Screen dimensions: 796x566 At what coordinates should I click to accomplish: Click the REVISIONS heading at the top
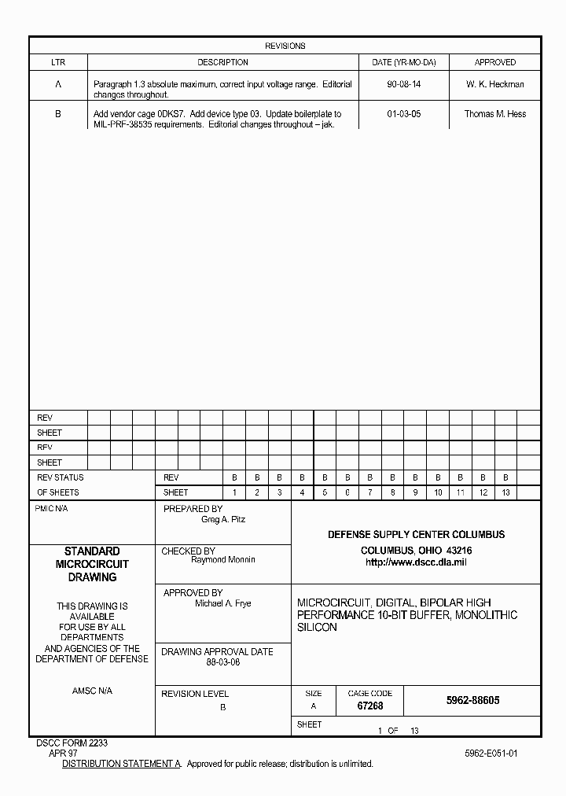285,46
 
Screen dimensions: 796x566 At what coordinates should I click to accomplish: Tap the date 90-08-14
403,84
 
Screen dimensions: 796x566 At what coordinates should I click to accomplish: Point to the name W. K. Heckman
495,84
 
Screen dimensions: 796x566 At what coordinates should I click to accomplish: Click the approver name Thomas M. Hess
495,114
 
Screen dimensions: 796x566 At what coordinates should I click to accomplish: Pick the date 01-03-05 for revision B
403,114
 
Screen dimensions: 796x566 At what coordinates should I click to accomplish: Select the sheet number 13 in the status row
505,492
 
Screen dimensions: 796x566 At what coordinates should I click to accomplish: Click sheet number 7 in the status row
369,492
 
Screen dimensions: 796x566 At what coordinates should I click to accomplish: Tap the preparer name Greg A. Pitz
222,520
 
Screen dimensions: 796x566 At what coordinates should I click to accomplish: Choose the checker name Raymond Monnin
222,560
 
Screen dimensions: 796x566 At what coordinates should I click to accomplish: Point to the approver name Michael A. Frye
222,603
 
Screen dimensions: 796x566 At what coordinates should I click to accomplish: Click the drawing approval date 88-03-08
222,662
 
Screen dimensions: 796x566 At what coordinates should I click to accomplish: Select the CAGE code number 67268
369,706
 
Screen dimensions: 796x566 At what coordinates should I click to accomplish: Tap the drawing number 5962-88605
472,700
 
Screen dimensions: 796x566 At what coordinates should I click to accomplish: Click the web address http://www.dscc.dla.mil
416,562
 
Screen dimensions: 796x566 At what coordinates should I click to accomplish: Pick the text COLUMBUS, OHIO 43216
416,550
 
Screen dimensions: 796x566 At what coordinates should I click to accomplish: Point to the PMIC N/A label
52,509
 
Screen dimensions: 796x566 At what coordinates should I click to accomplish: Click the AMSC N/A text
92,691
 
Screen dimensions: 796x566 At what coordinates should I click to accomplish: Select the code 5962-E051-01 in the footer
491,753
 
